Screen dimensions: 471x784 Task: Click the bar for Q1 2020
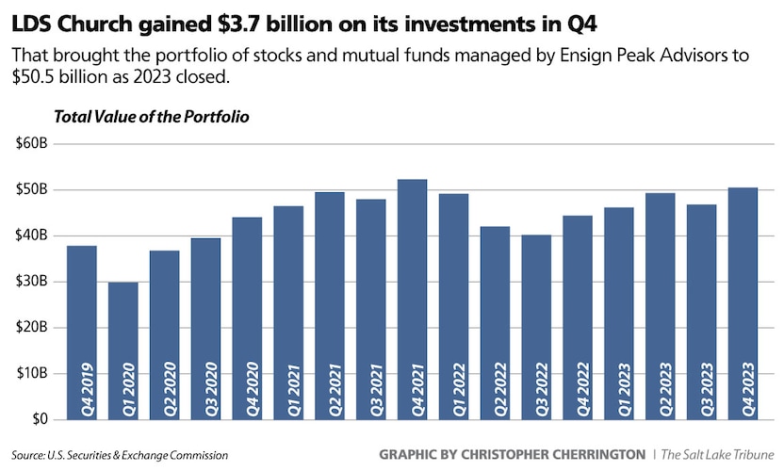point(124,349)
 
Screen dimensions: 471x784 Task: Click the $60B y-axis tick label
point(31,144)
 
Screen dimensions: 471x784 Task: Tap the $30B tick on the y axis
point(31,282)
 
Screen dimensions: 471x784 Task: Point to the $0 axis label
point(38,419)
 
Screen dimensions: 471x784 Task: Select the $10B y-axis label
point(31,373)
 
